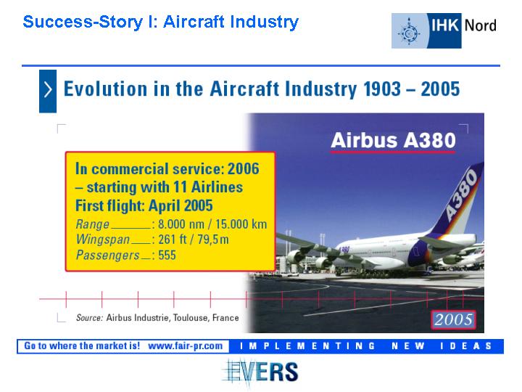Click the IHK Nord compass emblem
(409, 33)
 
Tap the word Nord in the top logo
(480, 25)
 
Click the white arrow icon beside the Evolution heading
(48, 90)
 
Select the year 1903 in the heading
(382, 89)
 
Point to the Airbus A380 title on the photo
(393, 140)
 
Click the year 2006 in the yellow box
(243, 168)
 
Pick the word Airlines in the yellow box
(217, 187)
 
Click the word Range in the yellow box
(92, 224)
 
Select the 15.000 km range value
(241, 224)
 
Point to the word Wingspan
(102, 240)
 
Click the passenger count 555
(167, 256)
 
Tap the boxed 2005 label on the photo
(453, 319)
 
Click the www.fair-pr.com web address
(185, 346)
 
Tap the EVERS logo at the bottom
(260, 372)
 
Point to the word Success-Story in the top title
(83, 23)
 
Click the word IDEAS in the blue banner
(465, 346)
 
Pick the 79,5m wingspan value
(212, 240)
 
